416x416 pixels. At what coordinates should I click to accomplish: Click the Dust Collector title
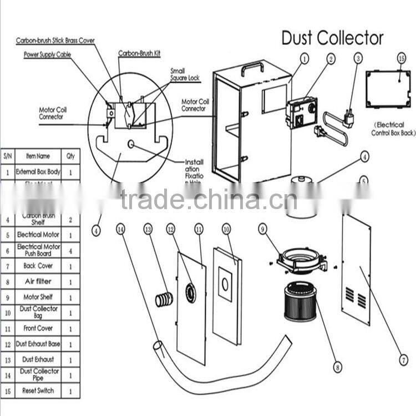click(x=332, y=38)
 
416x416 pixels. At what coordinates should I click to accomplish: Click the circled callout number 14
click(x=121, y=229)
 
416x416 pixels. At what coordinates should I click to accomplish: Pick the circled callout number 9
click(x=263, y=228)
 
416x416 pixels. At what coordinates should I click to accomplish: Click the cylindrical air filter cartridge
click(x=303, y=301)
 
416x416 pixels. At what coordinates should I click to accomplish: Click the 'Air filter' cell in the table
click(x=38, y=282)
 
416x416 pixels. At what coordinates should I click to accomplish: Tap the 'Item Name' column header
click(x=38, y=156)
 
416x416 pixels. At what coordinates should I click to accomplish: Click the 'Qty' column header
click(x=70, y=156)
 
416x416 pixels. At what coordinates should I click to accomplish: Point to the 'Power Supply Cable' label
click(x=47, y=54)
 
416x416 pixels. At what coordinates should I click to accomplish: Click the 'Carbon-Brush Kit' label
click(x=136, y=53)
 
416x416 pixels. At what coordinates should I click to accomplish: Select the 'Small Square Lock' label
click(x=185, y=74)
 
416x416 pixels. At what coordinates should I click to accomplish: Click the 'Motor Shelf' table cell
click(x=38, y=297)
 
